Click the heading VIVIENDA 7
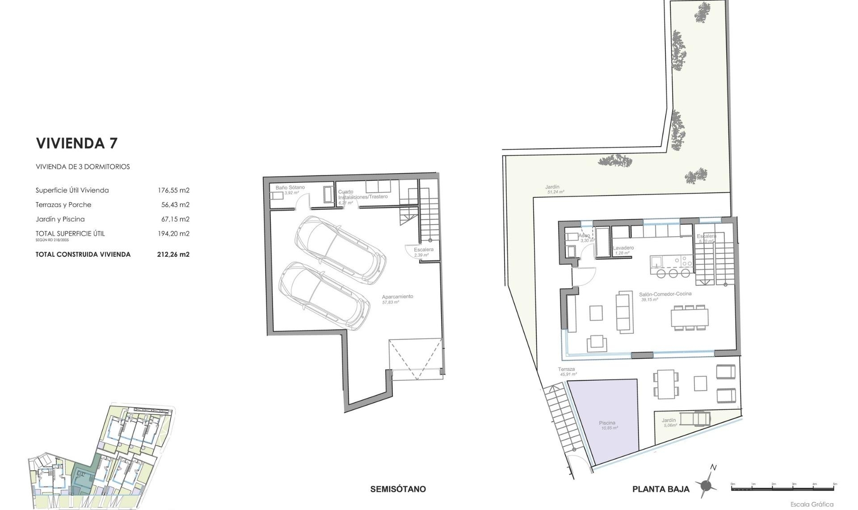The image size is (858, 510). point(76,143)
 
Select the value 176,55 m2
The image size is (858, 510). point(173,190)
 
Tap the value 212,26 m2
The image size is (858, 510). point(173,255)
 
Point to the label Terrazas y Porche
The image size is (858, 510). point(63,205)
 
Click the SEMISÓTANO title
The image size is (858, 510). point(398,489)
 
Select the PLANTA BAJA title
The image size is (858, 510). point(660,489)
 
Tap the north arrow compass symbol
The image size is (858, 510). point(706,485)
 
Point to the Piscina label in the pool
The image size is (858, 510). point(607,423)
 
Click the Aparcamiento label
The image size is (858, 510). point(397,297)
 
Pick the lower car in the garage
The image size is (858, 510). point(324,295)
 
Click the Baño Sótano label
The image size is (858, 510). point(290,187)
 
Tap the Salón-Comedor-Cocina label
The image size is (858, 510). point(665,294)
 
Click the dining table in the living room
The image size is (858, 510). point(690,318)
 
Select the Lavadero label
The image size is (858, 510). point(623,248)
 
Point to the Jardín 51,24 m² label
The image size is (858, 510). point(552,187)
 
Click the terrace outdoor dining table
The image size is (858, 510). point(665,384)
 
